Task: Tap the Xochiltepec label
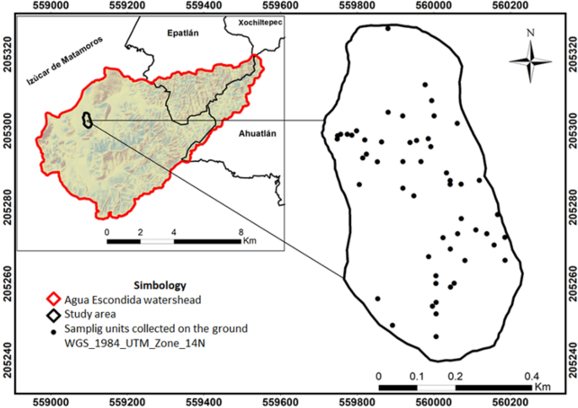(261, 23)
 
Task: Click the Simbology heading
(159, 285)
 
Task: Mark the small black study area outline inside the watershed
(86, 121)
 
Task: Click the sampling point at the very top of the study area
(388, 28)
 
